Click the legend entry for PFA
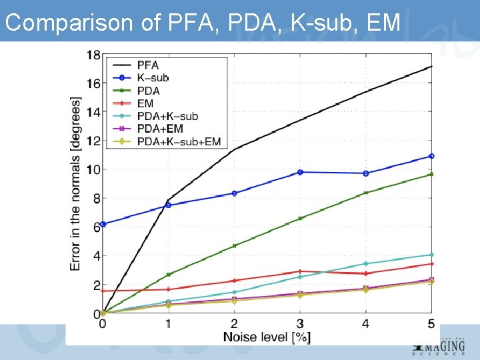147,65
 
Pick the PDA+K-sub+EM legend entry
178,141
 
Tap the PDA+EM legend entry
159,129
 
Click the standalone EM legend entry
145,103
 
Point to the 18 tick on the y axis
94,55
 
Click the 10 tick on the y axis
94,169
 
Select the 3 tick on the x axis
300,324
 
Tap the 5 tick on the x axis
431,324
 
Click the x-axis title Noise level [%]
267,337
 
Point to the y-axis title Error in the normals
76,183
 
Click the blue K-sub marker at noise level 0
103,224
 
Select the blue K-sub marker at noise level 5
431,156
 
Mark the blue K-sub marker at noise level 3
300,172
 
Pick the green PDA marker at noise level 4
365,193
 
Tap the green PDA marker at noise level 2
234,245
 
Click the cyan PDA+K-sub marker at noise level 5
431,255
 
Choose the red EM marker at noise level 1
168,289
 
